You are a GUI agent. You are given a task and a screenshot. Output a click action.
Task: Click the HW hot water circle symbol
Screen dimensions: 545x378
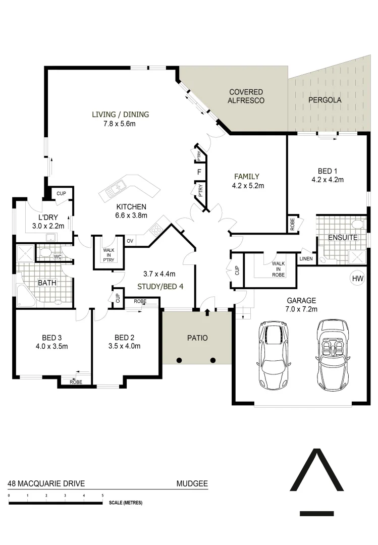(357, 279)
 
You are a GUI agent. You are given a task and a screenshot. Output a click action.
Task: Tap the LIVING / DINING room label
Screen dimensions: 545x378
(120, 114)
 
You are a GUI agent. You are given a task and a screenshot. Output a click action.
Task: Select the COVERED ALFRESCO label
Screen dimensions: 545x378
(246, 96)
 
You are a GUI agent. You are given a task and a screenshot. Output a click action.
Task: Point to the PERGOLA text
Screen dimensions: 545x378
(325, 100)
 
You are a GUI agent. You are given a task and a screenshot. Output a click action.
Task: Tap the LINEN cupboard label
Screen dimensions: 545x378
(306, 259)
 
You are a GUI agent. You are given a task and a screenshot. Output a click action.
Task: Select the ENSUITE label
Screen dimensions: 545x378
(343, 237)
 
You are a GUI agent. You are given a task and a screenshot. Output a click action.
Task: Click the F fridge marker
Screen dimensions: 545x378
(199, 172)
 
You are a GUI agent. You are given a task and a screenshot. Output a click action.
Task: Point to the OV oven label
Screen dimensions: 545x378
(130, 241)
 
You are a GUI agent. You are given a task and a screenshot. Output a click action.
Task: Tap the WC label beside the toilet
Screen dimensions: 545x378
(58, 256)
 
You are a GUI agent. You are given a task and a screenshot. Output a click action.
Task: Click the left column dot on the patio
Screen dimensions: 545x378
(179, 360)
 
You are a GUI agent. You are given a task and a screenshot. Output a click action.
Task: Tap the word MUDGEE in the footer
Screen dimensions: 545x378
(192, 483)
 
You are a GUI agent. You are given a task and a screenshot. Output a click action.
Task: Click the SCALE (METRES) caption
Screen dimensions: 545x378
(126, 503)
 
